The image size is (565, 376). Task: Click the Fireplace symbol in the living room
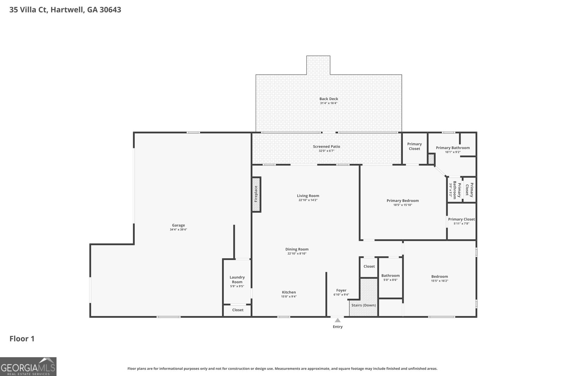point(256,195)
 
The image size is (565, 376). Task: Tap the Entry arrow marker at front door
point(338,320)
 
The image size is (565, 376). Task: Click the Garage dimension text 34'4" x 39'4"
point(178,230)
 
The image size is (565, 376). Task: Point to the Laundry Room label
point(237,279)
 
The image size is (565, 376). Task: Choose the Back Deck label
point(329,99)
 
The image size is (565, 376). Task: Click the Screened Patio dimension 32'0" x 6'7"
point(326,151)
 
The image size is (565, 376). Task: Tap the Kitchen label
point(289,292)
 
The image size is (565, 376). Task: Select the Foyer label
point(341,290)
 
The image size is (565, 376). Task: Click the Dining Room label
point(297,249)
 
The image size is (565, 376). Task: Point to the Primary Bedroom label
point(403,201)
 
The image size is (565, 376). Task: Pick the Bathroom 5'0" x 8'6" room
point(390,278)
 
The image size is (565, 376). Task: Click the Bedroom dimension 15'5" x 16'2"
point(439,281)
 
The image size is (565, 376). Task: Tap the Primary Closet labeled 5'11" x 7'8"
point(461,221)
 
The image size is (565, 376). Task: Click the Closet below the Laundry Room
point(238,310)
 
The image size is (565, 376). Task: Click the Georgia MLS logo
point(28,366)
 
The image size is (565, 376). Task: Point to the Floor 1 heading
point(22,339)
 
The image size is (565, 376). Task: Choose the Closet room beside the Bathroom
point(369,266)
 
